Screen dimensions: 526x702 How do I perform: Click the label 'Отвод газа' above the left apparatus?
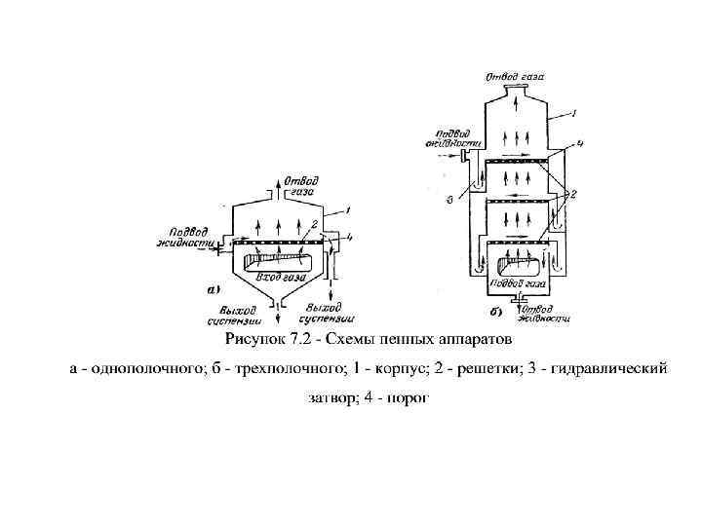pos(299,187)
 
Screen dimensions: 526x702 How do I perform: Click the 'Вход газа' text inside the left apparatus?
pos(270,279)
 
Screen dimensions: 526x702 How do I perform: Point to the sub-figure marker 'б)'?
pos(496,314)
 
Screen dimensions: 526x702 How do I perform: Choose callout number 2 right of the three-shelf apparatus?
pos(574,194)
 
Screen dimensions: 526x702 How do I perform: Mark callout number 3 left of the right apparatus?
pos(450,202)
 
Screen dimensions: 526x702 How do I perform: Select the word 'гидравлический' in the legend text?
pos(609,369)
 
